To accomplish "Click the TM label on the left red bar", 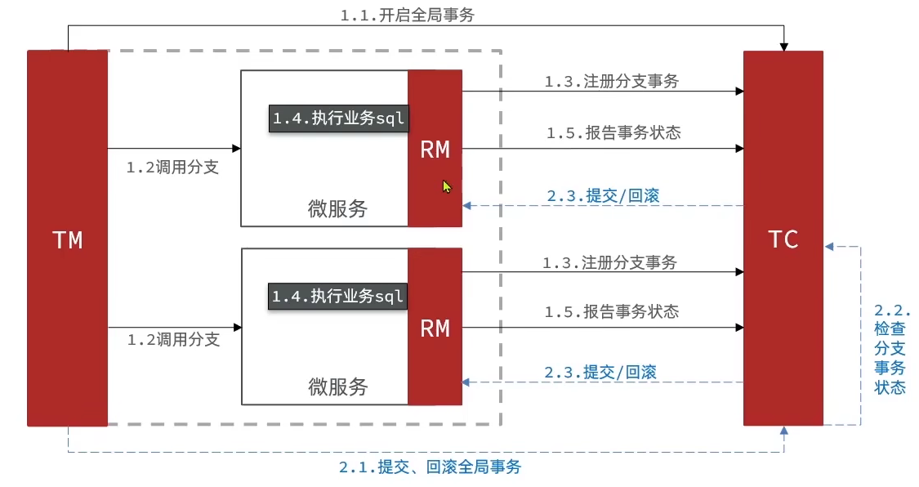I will point(67,239).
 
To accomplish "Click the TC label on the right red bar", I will point(783,239).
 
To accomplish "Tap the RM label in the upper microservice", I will point(435,149).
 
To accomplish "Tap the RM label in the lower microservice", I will point(435,328).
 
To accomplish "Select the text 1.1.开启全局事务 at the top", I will point(406,16).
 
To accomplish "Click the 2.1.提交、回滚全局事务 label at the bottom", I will point(430,467).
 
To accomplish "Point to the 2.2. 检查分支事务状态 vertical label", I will point(890,350).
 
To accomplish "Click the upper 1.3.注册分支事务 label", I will point(612,81).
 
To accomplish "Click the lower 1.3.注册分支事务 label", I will point(609,263).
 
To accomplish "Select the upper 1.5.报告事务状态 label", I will point(613,133).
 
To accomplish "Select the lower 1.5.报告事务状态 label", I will point(612,312).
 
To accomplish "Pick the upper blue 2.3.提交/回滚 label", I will point(603,195).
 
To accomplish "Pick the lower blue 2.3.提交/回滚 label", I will point(601,372).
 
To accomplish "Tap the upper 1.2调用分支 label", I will point(172,168).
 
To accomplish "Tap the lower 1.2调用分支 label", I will point(173,340).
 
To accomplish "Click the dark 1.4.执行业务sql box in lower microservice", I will point(337,296).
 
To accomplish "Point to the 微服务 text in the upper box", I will point(337,208).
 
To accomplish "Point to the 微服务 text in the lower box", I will point(337,386).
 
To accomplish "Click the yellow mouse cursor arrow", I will point(447,186).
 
